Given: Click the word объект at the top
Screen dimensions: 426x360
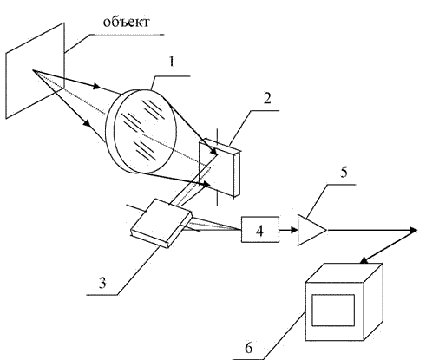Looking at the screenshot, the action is coord(127,22).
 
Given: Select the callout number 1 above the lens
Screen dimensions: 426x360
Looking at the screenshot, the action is coord(172,62).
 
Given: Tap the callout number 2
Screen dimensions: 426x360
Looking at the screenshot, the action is coord(267,98).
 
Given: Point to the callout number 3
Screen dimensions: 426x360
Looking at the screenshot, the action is coord(102,283).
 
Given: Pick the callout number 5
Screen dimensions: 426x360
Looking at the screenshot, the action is coord(344,173).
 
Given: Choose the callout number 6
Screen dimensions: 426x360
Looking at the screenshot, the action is coord(248,348).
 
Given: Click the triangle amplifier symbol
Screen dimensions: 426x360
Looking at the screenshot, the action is coord(311,230).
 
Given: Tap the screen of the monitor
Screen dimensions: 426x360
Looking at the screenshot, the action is coord(333,311).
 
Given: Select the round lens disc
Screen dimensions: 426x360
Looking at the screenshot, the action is coord(141,132).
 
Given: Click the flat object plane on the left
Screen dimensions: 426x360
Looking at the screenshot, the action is coord(35,71).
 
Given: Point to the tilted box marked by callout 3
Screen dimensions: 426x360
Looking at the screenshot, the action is coord(161,223).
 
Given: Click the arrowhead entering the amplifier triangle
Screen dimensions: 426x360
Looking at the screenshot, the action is coord(294,230).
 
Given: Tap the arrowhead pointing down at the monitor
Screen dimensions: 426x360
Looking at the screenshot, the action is coord(364,260).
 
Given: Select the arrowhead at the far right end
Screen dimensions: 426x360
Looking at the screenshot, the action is coord(413,230).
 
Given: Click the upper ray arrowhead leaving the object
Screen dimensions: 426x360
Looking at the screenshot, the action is coord(97,86).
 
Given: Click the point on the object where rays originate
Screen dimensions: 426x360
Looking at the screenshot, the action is coord(33,70).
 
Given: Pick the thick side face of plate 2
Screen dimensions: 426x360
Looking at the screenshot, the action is coord(237,174).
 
